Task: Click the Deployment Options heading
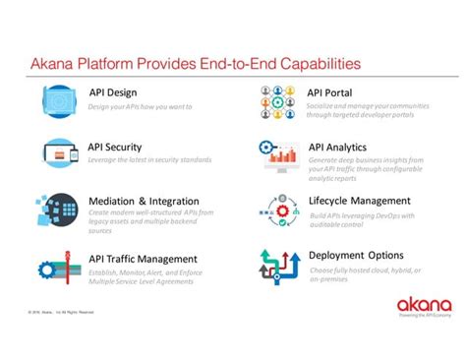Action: pos(357,256)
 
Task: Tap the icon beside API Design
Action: pos(58,99)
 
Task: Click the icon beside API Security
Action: pos(58,153)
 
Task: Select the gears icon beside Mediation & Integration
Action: pos(58,210)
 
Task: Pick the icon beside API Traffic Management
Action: pos(58,267)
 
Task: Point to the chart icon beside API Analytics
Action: pos(278,153)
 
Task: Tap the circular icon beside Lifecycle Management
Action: pos(278,209)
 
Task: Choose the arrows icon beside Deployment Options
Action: pos(278,266)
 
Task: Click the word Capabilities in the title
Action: pos(311,64)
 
